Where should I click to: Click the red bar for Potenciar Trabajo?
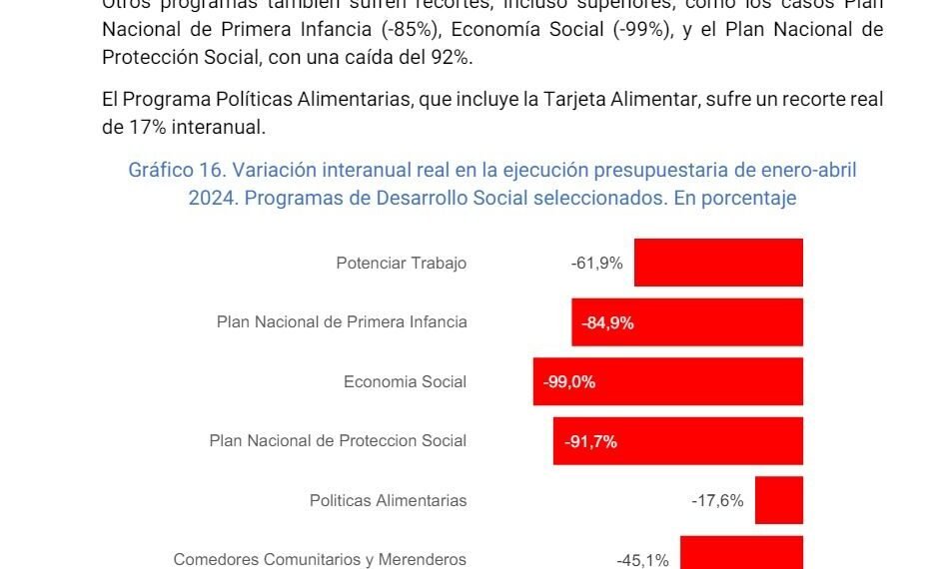click(718, 263)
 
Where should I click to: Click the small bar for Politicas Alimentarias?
click(779, 500)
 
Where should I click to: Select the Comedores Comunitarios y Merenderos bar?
click(742, 554)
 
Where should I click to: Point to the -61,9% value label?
click(597, 264)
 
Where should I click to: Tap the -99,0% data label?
click(569, 382)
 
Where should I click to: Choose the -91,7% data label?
click(590, 441)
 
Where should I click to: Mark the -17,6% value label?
click(717, 501)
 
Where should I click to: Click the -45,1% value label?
click(642, 560)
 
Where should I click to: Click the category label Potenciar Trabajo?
click(402, 264)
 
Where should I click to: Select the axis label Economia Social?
click(405, 382)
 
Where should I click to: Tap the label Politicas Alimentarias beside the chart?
click(388, 501)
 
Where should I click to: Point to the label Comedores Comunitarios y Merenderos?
click(320, 560)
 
